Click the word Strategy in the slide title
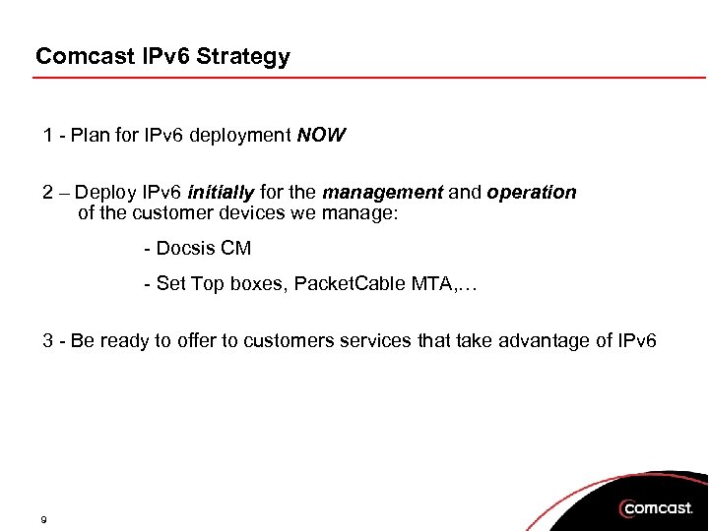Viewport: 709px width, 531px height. pyautogui.click(x=243, y=57)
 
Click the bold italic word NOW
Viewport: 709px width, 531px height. pyautogui.click(x=321, y=135)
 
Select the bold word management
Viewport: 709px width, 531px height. pyautogui.click(x=382, y=193)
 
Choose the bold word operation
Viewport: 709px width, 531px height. pyautogui.click(x=531, y=193)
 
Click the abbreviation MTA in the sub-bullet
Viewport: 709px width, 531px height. pyautogui.click(x=437, y=284)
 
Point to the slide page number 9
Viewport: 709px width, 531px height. pyautogui.click(x=45, y=517)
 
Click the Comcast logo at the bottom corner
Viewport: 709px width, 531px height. pyautogui.click(x=656, y=507)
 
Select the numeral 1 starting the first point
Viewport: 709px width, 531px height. pyautogui.click(x=47, y=135)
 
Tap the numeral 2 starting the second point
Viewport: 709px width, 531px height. pyautogui.click(x=47, y=193)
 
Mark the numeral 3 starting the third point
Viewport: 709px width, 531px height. pyautogui.click(x=47, y=341)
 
